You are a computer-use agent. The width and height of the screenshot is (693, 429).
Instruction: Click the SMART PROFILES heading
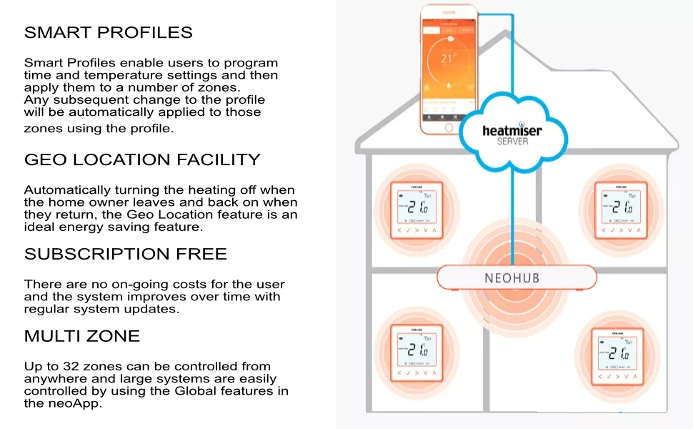pyautogui.click(x=109, y=33)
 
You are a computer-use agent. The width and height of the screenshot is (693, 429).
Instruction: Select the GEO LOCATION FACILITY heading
pyautogui.click(x=142, y=159)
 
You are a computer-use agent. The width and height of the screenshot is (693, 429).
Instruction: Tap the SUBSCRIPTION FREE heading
pyautogui.click(x=126, y=254)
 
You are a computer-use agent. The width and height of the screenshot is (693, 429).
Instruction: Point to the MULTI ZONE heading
pyautogui.click(x=82, y=336)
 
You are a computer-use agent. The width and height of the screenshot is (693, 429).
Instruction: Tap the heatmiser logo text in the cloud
pyautogui.click(x=512, y=131)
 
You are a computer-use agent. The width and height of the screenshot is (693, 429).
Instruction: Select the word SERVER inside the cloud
pyautogui.click(x=512, y=142)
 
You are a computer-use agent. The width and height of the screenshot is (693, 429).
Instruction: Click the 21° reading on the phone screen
pyautogui.click(x=448, y=59)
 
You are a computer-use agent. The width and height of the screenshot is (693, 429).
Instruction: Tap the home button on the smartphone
pyautogui.click(x=449, y=127)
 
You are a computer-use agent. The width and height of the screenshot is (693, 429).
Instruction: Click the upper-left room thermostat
pyautogui.click(x=416, y=209)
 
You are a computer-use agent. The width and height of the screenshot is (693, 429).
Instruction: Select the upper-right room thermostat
pyautogui.click(x=622, y=209)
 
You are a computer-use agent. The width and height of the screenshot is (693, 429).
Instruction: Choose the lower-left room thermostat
pyautogui.click(x=417, y=351)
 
